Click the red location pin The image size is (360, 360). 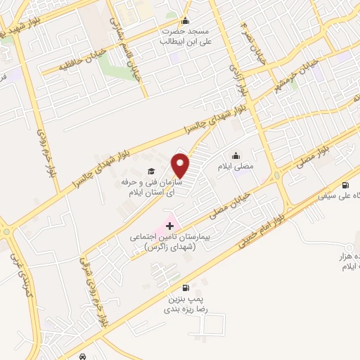pos(181,165)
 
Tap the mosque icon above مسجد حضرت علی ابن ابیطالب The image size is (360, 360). pos(186,20)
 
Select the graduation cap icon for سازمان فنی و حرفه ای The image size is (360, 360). pos(150,171)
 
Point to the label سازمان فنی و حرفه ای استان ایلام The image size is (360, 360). pos(147,186)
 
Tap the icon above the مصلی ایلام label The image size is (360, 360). pos(235,156)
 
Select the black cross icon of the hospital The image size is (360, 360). pos(170,226)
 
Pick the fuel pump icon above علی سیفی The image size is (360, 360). pos(345,186)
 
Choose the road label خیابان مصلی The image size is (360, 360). pos(232,199)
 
